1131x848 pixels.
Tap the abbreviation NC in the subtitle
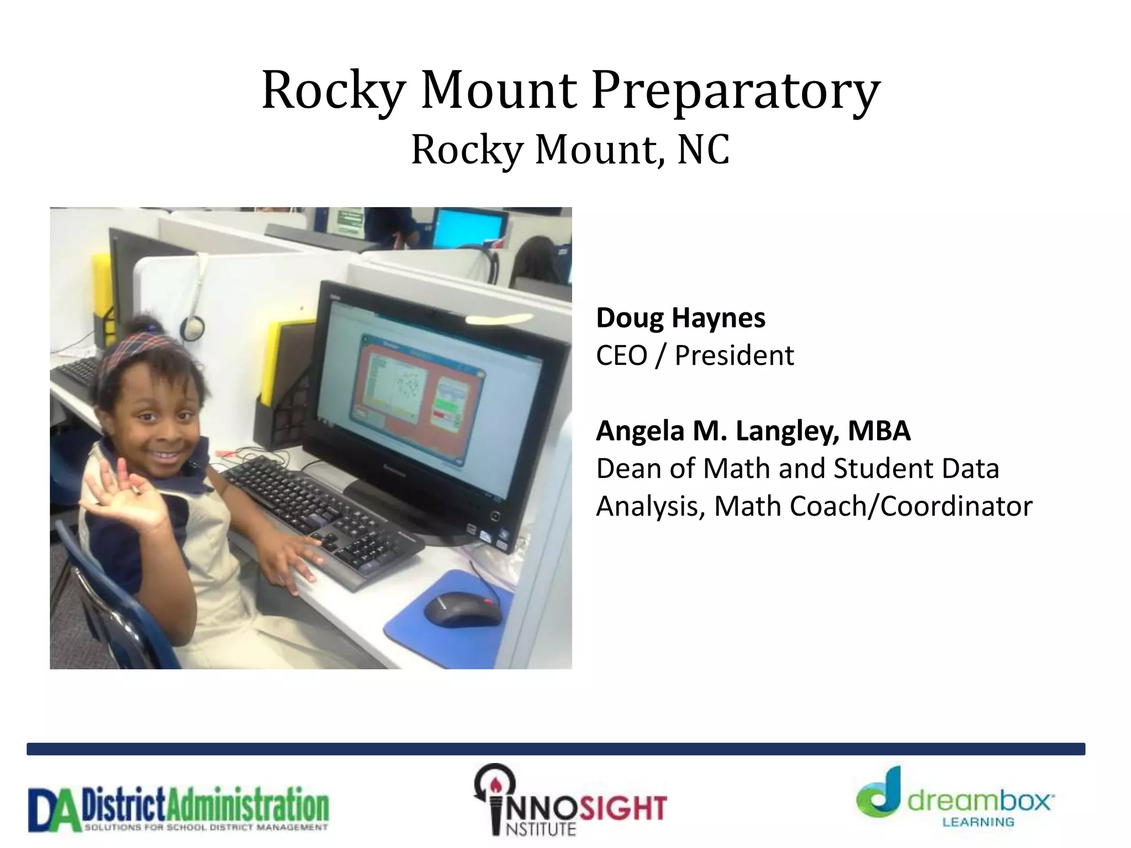[703, 150]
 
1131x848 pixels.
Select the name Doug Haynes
[680, 318]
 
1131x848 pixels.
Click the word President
[734, 356]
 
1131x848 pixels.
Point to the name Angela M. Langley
[717, 431]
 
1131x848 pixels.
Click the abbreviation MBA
[879, 431]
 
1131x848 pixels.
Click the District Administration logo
[178, 809]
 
